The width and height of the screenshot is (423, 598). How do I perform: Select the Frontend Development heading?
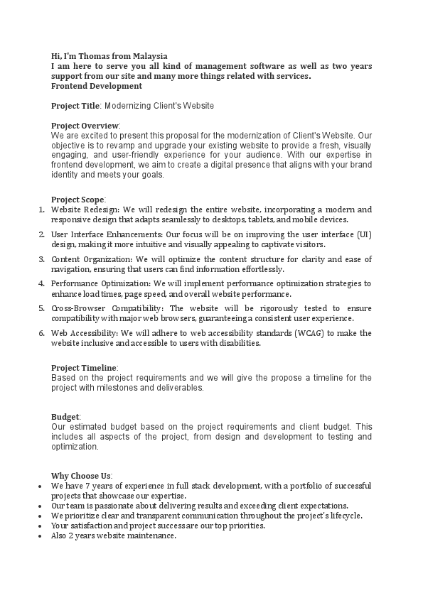click(97, 86)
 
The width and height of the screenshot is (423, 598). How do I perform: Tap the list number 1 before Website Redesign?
click(41, 210)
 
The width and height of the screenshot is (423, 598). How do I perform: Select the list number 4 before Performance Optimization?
click(41, 284)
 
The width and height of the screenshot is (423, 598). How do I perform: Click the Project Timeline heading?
click(84, 368)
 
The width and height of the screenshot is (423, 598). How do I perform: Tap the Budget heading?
click(65, 417)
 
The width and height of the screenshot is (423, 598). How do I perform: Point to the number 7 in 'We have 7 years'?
click(89, 486)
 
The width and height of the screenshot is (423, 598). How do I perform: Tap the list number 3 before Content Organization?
click(41, 259)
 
